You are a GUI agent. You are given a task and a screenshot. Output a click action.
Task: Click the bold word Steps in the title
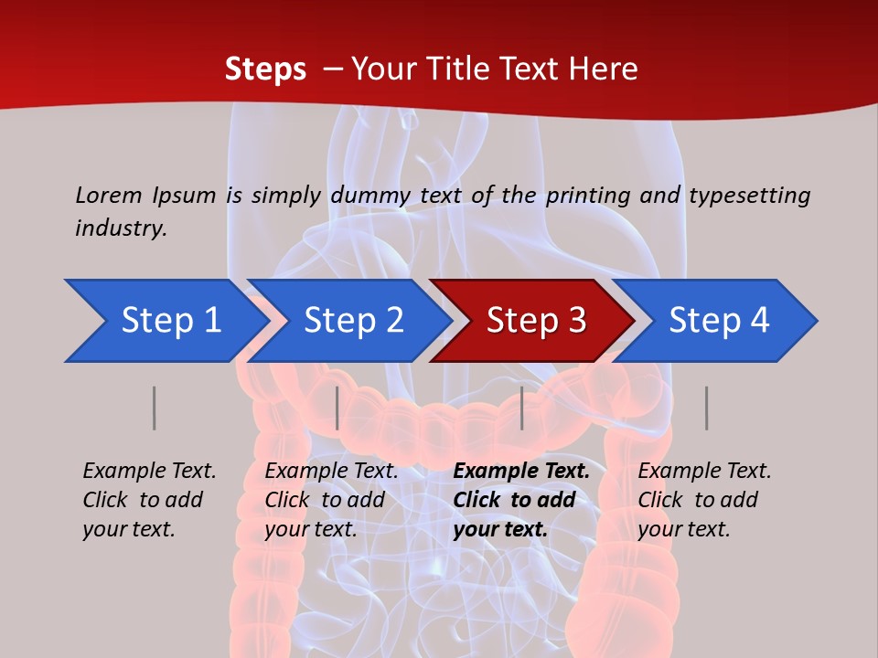[x=265, y=69]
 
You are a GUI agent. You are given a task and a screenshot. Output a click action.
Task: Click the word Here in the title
[x=601, y=69]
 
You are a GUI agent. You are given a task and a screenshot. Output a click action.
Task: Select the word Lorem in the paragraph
[x=108, y=195]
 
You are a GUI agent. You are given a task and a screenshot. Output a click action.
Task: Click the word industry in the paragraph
[x=120, y=228]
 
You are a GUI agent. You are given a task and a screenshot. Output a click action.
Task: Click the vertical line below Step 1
[x=155, y=408]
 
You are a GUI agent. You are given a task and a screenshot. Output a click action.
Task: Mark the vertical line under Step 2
[x=337, y=408]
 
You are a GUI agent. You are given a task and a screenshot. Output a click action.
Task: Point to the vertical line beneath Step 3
[x=521, y=408]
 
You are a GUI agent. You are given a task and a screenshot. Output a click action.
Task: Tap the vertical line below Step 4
[x=706, y=408]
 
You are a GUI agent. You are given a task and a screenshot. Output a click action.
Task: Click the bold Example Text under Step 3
[x=521, y=471]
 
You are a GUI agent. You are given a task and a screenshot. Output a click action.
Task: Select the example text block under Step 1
[x=149, y=500]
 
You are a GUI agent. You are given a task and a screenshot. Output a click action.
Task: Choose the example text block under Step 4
[x=704, y=500]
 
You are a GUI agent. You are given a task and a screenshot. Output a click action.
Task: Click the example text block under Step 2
[x=331, y=500]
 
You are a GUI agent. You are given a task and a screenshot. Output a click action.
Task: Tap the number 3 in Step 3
[x=576, y=321]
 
